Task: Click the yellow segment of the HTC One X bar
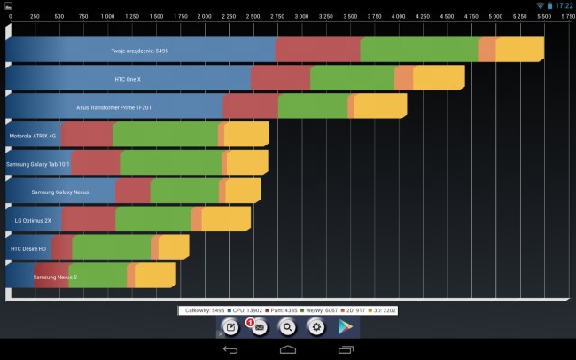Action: coord(439,78)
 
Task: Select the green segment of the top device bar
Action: coord(419,51)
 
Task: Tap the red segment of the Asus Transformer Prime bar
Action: coord(250,107)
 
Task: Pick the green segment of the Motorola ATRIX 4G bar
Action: coord(165,136)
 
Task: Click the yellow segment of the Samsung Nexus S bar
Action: coord(155,277)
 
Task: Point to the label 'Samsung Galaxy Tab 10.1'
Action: coord(37,164)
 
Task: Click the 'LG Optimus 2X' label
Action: coord(33,220)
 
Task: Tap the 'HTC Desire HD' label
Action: coord(28,248)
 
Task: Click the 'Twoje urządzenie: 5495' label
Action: coord(140,51)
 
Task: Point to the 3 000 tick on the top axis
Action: coord(301,16)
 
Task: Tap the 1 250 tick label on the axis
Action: coord(131,16)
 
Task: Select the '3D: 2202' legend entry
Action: coord(381,310)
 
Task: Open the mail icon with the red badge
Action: coord(259,327)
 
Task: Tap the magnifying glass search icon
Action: coord(287,327)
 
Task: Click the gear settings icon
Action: coord(316,327)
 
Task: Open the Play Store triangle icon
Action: coord(346,327)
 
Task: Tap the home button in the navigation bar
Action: coord(288,350)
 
